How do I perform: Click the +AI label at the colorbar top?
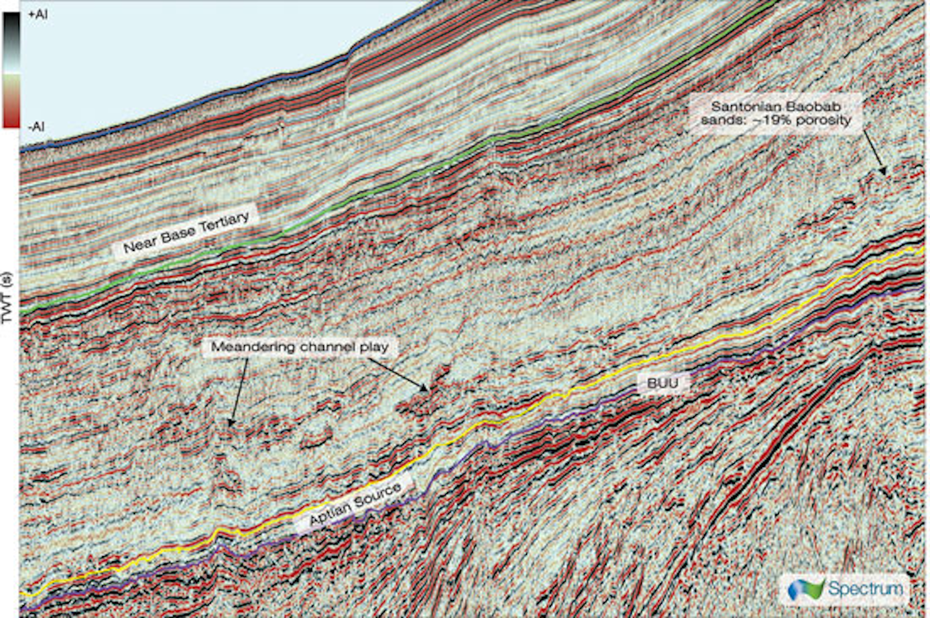(x=37, y=14)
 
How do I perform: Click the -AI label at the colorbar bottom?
(x=36, y=127)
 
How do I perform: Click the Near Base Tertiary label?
(x=186, y=233)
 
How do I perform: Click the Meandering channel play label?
(x=300, y=347)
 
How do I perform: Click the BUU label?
(x=662, y=384)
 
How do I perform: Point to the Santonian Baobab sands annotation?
(x=776, y=113)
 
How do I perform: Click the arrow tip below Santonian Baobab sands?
(x=884, y=174)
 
